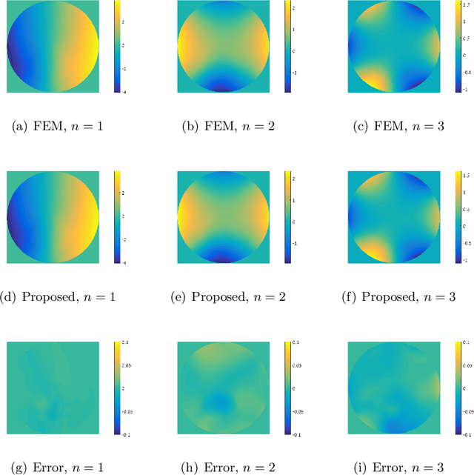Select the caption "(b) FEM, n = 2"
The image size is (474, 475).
230,127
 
